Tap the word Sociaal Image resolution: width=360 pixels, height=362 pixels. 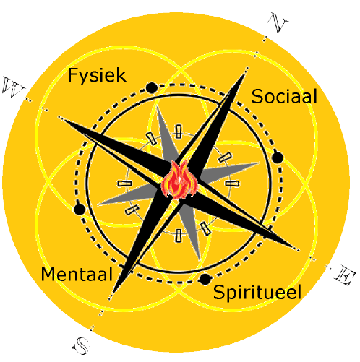pos(284,97)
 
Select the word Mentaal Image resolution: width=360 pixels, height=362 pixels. pos(77,274)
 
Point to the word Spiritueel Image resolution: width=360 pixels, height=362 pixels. pos(257,293)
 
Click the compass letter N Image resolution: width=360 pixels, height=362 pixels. pos(278,22)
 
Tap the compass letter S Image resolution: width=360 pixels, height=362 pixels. pos(81,346)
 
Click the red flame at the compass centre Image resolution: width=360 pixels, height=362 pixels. pos(179,180)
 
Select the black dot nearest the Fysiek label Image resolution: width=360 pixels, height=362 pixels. pos(152,88)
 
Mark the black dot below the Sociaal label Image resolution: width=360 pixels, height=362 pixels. pos(278,158)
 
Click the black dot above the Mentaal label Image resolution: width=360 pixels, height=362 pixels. pos(80,209)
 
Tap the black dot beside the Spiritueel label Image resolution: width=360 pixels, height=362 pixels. pos(205,280)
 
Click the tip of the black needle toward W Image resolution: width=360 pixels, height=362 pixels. pos(63,119)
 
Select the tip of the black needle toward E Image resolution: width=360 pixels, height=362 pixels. pos(293,247)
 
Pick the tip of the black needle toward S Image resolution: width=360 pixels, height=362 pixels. pos(113,293)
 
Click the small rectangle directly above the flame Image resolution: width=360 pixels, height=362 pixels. pos(178,132)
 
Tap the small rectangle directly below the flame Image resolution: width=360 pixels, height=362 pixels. pos(178,236)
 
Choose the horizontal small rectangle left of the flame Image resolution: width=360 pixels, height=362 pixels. pos(124,184)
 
